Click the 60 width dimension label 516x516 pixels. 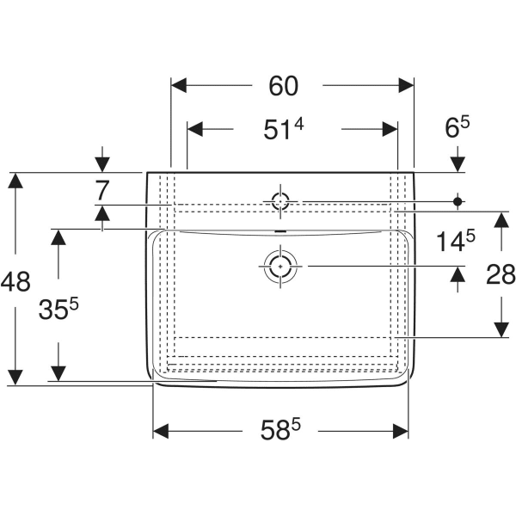point(283,86)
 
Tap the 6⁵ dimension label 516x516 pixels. point(457,129)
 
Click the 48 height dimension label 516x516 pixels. point(16,280)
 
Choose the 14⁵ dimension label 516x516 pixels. point(453,242)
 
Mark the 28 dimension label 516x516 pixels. point(501,274)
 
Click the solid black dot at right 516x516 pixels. point(458,201)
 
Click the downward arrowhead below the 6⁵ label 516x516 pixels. point(458,163)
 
